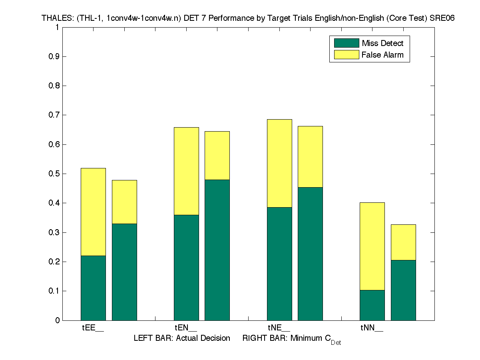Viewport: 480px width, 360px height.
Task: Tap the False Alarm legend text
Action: click(382, 55)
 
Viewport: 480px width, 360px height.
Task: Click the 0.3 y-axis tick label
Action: click(54, 232)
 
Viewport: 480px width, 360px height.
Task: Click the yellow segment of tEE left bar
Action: click(93, 212)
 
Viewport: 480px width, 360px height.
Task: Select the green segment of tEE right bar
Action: click(124, 272)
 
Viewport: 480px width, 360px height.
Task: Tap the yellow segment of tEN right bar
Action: click(217, 155)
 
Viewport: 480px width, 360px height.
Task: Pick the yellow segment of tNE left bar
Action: click(279, 163)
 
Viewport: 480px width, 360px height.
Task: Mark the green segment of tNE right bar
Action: click(310, 254)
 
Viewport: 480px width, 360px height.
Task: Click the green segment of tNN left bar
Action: click(372, 305)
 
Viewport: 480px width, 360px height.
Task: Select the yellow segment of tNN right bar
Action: click(403, 242)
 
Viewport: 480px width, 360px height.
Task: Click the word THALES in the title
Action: click(55, 18)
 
